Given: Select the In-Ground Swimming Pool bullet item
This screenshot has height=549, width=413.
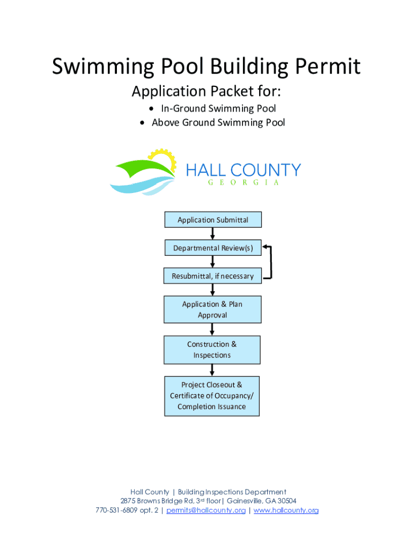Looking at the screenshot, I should [x=213, y=109].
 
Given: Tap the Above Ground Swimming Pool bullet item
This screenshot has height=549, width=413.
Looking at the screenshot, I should [x=218, y=123].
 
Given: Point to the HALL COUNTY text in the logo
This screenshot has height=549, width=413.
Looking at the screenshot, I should [x=243, y=170].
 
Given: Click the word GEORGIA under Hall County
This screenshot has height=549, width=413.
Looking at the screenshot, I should [x=243, y=183].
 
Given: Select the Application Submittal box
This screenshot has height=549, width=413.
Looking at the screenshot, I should [x=213, y=220].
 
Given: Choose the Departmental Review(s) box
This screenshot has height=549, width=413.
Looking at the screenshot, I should [x=213, y=248].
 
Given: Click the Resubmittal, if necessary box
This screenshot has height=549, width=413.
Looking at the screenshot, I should [x=213, y=276].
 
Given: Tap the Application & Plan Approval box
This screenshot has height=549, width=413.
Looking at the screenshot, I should [x=212, y=309].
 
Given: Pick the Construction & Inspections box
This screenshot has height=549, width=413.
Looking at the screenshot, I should [x=212, y=350].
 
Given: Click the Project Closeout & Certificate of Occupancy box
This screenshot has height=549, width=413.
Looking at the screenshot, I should [x=212, y=396].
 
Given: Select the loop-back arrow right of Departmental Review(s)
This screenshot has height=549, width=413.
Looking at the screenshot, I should [x=270, y=263].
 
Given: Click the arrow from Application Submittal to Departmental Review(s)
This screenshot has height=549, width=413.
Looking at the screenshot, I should [x=213, y=234].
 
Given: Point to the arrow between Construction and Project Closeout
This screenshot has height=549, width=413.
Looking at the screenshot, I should [x=212, y=370].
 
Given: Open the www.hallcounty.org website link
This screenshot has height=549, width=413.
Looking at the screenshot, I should [x=286, y=510].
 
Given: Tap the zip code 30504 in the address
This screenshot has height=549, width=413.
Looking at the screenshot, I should [x=285, y=501].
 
